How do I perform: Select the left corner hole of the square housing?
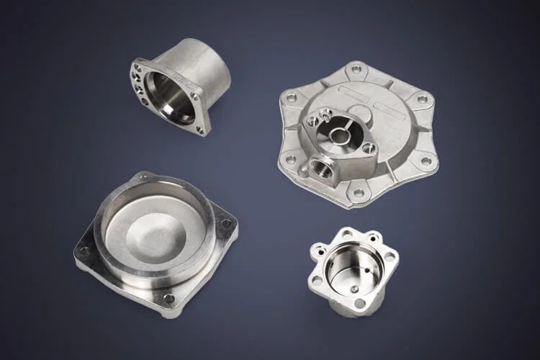pos(85,251)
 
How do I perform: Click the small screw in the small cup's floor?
pos(354,288)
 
